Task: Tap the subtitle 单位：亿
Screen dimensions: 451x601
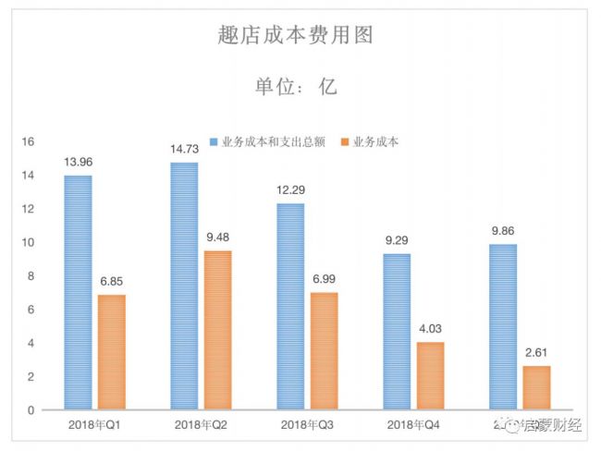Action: tap(296, 87)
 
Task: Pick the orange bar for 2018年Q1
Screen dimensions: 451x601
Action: tap(111, 351)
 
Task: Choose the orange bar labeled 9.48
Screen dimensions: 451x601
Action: tap(217, 329)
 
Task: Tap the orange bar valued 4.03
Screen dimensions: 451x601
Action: tap(430, 375)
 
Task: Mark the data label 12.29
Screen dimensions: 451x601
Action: tap(291, 190)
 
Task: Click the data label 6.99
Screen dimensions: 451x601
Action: tap(324, 279)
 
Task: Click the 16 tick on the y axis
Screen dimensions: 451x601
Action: tap(28, 142)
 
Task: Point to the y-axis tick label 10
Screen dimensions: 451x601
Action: tap(28, 242)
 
